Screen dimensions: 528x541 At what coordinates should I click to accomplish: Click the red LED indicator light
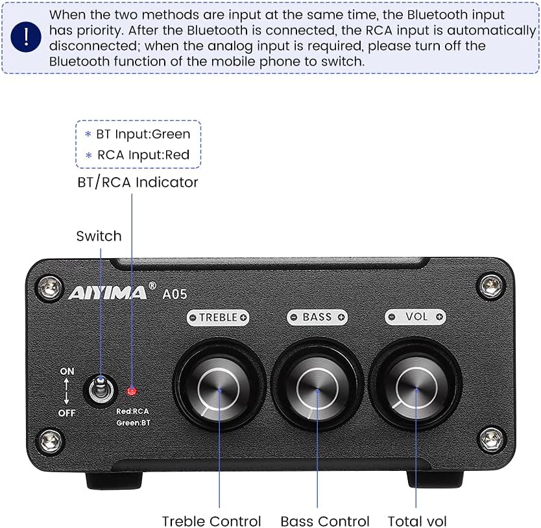point(132,391)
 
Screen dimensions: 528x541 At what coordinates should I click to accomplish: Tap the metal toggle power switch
point(101,388)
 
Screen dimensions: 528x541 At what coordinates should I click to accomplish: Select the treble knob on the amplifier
point(219,388)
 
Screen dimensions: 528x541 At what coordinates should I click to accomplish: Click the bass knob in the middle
point(317,388)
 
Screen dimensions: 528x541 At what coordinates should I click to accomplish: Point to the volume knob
point(416,388)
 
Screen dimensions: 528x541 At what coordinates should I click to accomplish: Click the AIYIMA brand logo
point(108,293)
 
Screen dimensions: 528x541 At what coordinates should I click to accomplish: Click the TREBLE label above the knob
point(219,317)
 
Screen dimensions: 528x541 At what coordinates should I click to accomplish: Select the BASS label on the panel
point(317,317)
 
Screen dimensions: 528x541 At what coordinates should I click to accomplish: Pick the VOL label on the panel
point(416,317)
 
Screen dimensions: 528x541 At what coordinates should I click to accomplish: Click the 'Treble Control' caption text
point(211,521)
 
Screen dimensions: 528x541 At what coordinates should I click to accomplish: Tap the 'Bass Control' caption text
point(325,521)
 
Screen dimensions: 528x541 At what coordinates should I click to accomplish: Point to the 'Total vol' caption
point(417,521)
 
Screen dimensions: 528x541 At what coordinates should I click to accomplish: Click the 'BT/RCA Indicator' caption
point(138,182)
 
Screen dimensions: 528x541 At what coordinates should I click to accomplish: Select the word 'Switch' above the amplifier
point(99,236)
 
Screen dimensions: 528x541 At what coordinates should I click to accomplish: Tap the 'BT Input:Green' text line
point(143,134)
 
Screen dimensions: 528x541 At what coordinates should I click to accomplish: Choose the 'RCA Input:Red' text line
point(143,154)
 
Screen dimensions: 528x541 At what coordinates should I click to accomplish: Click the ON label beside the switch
point(67,372)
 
